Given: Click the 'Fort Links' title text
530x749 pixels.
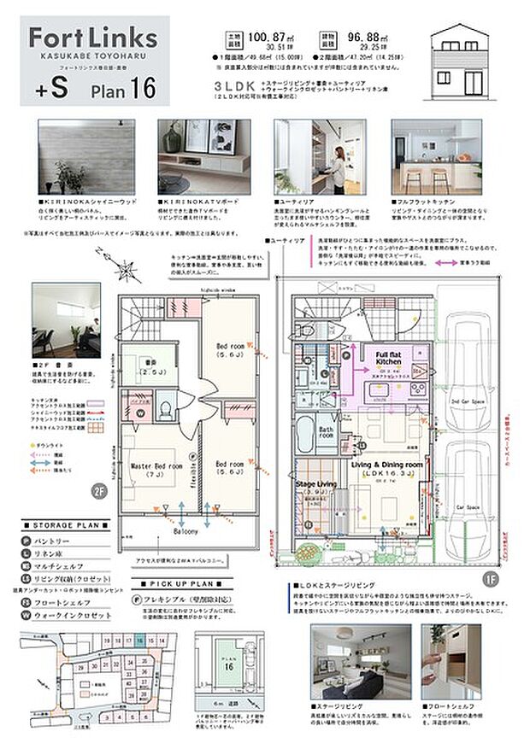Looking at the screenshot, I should [92, 38].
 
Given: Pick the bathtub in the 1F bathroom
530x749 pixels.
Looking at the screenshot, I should [305, 431].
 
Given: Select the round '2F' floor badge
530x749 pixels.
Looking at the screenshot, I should [99, 490].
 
